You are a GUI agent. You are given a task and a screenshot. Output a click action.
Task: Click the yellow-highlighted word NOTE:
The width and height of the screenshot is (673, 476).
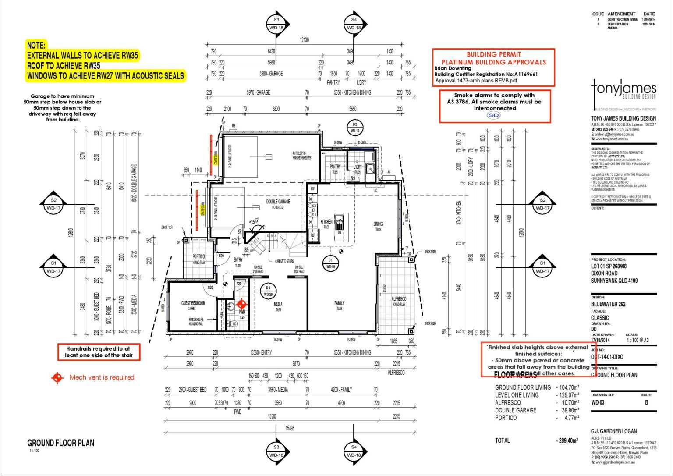pyautogui.click(x=36, y=45)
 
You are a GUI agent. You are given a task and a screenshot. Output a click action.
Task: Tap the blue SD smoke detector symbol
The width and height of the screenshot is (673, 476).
pyautogui.click(x=494, y=115)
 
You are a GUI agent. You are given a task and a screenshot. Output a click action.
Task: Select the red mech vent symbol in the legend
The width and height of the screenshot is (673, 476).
pyautogui.click(x=57, y=377)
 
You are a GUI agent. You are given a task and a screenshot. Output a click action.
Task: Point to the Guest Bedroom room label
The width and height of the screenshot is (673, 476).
pyautogui.click(x=193, y=303)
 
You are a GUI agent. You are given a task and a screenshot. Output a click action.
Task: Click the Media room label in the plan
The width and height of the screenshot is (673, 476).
pyautogui.click(x=278, y=304)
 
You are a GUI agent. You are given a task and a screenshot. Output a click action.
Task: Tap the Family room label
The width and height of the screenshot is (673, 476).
pyautogui.click(x=339, y=303)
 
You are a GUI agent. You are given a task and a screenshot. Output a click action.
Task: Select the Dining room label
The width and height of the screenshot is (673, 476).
pyautogui.click(x=378, y=224)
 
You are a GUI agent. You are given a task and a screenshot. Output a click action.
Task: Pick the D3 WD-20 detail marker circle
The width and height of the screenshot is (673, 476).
pyautogui.click(x=268, y=291)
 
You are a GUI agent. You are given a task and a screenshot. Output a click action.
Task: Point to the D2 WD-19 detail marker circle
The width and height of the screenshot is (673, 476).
pyautogui.click(x=354, y=127)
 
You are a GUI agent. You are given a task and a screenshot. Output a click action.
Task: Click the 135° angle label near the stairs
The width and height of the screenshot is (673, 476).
pyautogui.click(x=254, y=221)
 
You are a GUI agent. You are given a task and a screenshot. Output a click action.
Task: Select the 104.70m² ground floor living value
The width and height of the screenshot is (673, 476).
pyautogui.click(x=568, y=387)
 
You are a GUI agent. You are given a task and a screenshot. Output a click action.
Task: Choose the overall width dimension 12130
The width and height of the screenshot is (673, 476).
pyautogui.click(x=304, y=40)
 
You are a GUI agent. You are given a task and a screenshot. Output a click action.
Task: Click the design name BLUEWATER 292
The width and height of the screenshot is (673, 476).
pyautogui.click(x=608, y=304)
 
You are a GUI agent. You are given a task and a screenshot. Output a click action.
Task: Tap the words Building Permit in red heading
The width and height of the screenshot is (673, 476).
pyautogui.click(x=493, y=54)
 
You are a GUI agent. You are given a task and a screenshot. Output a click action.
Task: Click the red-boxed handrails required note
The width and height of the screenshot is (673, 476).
pyautogui.click(x=99, y=352)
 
